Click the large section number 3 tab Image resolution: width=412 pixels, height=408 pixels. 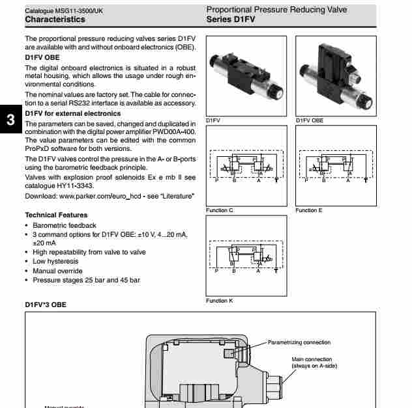coord(10,120)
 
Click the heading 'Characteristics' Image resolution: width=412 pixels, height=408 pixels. coord(55,20)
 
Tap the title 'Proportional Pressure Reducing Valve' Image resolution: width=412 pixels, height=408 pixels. coord(276,10)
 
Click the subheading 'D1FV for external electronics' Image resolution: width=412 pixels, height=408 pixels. coord(73,113)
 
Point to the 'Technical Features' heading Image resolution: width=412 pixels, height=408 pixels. coord(56,215)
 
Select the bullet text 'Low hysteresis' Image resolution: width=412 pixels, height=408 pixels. coord(55,262)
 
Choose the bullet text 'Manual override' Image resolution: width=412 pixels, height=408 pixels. coord(57,271)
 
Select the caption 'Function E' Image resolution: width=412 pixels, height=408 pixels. coord(310,210)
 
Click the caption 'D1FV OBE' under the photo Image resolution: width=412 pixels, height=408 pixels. coord(310,120)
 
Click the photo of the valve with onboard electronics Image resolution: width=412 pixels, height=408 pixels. coord(336,75)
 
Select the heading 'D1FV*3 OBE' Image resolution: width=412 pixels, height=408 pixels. coord(46,304)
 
